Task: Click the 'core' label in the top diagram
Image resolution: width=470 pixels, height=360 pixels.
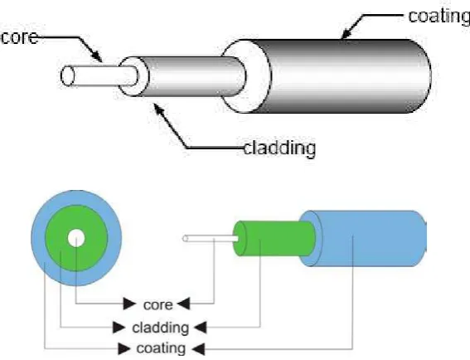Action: point(20,37)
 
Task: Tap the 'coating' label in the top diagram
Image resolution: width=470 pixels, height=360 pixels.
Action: point(439,17)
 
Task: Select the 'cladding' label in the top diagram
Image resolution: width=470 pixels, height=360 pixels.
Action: point(279,148)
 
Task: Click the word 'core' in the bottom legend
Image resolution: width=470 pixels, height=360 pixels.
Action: point(158,305)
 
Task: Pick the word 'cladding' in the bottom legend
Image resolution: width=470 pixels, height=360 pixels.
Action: point(160,328)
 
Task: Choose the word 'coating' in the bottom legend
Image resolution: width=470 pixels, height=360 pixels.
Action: point(161,348)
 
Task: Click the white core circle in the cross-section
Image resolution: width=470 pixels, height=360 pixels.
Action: point(76,238)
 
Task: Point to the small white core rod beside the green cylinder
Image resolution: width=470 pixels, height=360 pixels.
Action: point(211,239)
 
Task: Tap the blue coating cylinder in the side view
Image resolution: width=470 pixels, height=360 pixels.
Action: point(363,239)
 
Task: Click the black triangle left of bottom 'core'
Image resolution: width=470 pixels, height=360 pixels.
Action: point(129,304)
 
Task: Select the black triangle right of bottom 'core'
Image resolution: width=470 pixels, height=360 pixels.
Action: point(183,304)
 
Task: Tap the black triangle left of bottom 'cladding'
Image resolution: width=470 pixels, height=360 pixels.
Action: point(119,327)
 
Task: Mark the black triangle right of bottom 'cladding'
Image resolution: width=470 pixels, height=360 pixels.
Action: point(201,327)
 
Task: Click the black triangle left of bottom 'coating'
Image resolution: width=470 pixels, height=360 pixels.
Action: point(124,348)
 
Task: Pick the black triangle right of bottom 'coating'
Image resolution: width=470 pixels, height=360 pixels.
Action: point(198,349)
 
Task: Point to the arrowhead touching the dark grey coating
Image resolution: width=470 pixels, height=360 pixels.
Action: point(347,33)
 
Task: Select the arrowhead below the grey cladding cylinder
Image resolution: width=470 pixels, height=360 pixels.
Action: point(159,109)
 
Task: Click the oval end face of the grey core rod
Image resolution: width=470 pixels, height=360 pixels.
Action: point(67,75)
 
